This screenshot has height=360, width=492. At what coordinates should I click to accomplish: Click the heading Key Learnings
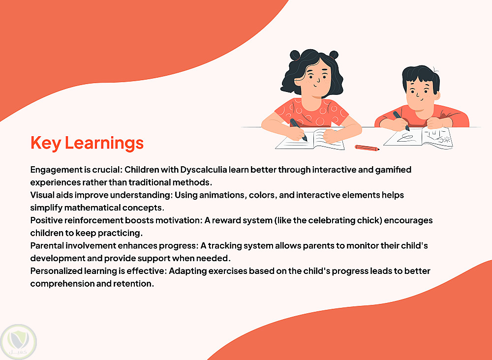[x=87, y=143]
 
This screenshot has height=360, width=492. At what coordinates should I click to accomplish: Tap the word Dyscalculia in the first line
[x=203, y=170]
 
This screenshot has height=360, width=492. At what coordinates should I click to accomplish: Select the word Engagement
[x=56, y=170]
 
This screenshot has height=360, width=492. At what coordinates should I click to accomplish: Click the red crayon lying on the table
[x=367, y=148]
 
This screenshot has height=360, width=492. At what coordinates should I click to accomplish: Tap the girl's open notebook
[x=309, y=140]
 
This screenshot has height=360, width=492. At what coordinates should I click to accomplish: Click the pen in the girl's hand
[x=299, y=130]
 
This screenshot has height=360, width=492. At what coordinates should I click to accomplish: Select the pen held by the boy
[x=401, y=120]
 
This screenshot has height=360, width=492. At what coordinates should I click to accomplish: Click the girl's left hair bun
[x=295, y=55]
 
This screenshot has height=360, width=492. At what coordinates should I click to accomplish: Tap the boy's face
[x=420, y=93]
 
